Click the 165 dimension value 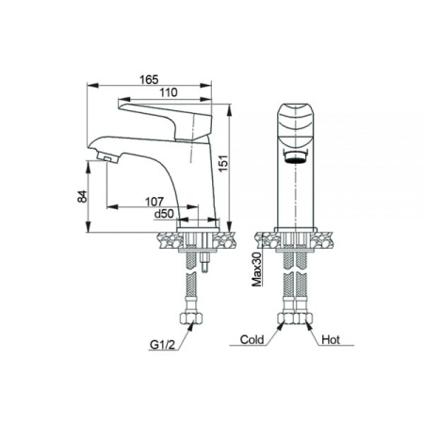pos(149,80)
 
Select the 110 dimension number pos(169,92)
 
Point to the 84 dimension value pos(82,196)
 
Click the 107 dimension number pos(155,202)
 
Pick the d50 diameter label pos(164,214)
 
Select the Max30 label pos(257,269)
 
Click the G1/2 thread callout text pos(162,345)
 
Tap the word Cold pos(252,339)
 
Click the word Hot pos(331,339)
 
